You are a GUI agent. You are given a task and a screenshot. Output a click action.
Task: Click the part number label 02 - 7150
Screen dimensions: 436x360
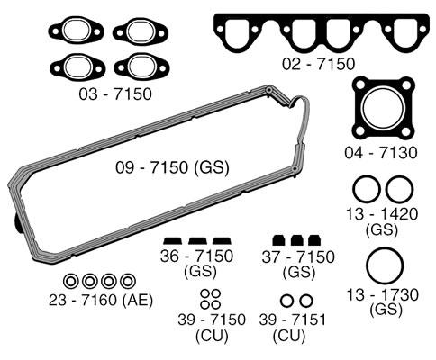318,64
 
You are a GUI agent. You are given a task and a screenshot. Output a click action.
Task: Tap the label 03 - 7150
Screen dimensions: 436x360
115,94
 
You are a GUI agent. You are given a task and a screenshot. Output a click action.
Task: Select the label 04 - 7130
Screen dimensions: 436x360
381,153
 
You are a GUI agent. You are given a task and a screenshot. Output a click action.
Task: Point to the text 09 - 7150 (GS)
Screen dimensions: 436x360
172,167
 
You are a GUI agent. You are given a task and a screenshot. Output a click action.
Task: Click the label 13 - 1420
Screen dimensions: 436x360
382,214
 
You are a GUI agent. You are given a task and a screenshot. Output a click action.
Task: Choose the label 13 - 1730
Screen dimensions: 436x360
383,294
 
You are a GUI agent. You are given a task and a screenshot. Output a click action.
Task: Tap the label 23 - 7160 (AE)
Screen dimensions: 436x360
101,300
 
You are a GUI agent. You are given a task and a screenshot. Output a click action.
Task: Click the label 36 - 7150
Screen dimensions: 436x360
196,256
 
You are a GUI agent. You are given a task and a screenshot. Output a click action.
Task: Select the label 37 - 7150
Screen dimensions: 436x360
298,257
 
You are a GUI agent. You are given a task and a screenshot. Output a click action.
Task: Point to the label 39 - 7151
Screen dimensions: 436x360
293,319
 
